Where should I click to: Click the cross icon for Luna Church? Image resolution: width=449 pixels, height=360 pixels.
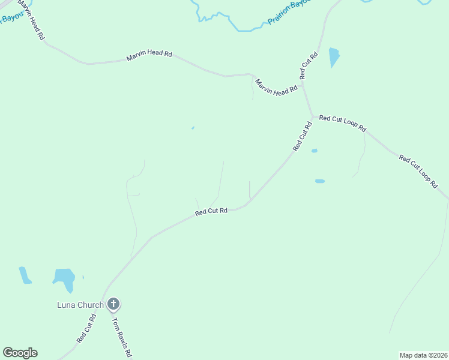pos(113,304)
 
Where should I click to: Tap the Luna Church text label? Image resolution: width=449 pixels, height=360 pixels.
pos(80,305)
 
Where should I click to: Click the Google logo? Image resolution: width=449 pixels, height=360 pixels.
pos(20,353)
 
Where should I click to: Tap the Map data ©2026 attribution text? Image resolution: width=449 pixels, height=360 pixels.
pos(424,355)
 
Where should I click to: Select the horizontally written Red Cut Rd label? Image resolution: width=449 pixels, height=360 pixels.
pos(211,211)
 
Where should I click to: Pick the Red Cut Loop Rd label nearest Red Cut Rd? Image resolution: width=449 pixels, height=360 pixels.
pos(342,123)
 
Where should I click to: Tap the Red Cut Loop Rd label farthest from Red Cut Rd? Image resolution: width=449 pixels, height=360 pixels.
pos(418,172)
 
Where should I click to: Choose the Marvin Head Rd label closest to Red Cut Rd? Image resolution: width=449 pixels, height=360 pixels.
pos(277,88)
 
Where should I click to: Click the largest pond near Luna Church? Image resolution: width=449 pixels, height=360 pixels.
pos(64,278)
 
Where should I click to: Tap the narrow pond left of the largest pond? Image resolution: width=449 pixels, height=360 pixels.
pos(25,275)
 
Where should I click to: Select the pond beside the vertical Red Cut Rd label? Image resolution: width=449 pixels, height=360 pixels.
pos(334,58)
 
